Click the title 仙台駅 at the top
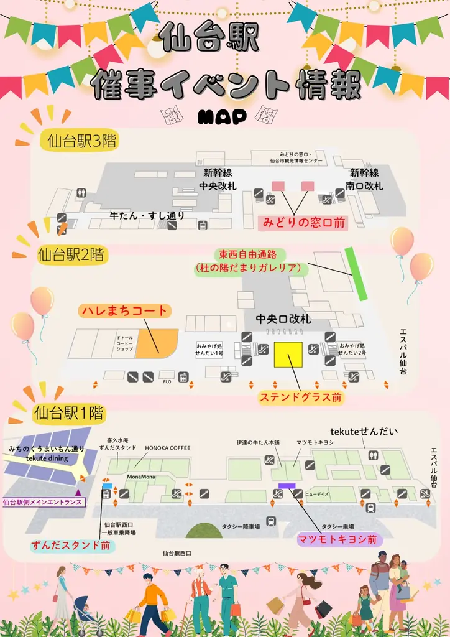point(209,39)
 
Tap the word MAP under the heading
point(221,116)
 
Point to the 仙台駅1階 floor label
point(68,412)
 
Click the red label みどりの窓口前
point(304,222)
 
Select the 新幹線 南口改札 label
point(364,179)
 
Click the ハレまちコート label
point(124,310)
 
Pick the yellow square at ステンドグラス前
point(288,356)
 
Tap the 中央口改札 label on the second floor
point(283,319)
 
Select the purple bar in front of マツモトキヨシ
point(287,486)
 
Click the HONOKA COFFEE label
point(168,448)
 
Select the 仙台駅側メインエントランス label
point(42,502)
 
